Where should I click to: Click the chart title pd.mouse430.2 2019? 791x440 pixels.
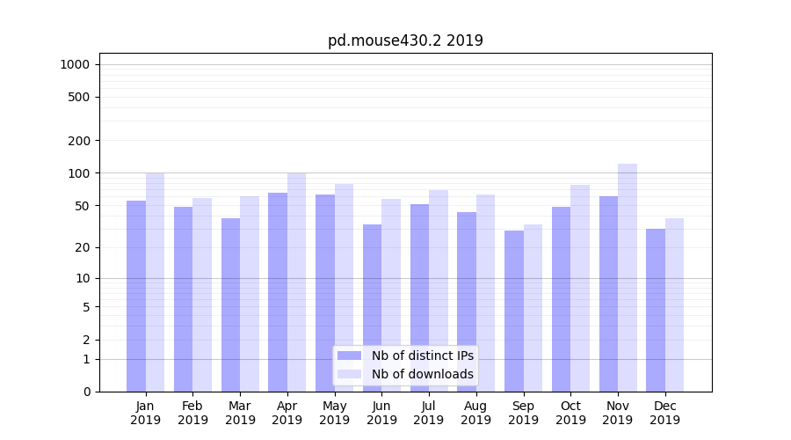tap(405, 40)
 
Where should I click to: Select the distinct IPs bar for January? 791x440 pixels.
tap(136, 296)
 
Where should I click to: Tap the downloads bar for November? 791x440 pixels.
tap(628, 277)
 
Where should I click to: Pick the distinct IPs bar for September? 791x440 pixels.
tap(514, 311)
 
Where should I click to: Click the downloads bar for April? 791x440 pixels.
tap(296, 282)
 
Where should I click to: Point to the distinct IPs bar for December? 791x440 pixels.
tap(656, 310)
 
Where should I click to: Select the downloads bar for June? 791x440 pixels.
tap(391, 295)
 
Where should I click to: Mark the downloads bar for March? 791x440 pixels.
tap(250, 294)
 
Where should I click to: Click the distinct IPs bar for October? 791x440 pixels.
tap(562, 299)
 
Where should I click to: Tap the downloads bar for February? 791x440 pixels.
tap(202, 295)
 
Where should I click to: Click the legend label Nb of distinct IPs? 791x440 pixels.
tap(422, 356)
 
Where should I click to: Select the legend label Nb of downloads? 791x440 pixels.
tap(422, 374)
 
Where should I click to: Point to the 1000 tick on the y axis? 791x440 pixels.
tap(75, 64)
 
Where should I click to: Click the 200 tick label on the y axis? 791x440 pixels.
tap(80, 141)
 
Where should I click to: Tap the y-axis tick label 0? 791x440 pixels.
tap(86, 392)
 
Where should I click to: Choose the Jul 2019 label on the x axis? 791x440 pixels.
tap(429, 413)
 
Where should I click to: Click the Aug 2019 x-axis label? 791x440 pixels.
tap(476, 413)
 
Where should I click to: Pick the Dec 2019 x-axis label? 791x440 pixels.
tap(665, 413)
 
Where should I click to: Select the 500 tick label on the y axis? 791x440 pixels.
tap(80, 97)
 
